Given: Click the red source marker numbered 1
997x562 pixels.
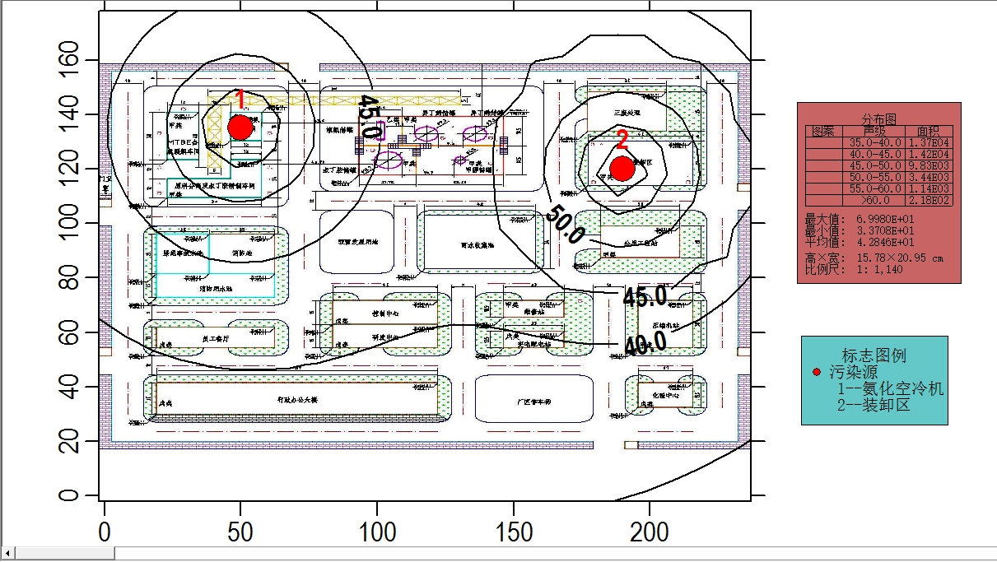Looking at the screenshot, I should tap(240, 128).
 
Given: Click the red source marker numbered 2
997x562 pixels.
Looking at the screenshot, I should tap(622, 168).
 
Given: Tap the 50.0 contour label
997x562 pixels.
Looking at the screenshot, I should tap(565, 224).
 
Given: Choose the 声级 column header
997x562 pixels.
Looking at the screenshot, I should tap(874, 131).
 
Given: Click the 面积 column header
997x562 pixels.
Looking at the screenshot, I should tap(928, 131).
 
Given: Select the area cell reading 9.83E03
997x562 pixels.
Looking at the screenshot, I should tap(929, 165).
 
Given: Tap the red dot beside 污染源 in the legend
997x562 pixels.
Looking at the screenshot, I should tap(817, 373).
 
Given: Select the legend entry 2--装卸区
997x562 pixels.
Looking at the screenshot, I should tap(874, 405).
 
